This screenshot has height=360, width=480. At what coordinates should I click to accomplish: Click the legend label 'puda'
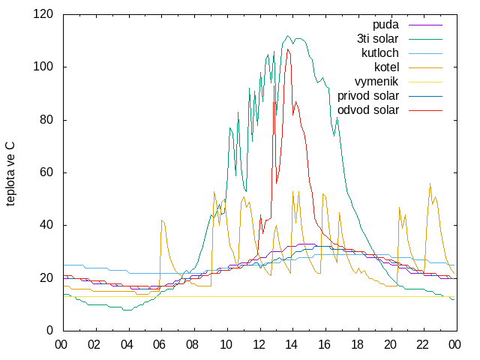(385, 25)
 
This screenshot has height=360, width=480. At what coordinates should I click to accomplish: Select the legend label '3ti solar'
(377, 39)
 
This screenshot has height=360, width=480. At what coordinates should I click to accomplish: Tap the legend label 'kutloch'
(380, 53)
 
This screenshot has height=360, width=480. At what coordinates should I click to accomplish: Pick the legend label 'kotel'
(387, 67)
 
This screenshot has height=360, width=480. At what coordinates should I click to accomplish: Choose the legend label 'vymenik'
(376, 82)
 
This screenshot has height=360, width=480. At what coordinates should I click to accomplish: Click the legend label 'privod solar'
(368, 96)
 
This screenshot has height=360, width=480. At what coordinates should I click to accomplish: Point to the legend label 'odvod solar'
(368, 110)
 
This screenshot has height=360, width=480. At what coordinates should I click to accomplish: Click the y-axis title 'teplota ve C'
(10, 174)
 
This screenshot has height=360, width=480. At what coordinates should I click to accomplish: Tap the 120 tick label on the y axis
(43, 14)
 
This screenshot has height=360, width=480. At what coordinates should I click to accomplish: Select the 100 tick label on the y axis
(43, 67)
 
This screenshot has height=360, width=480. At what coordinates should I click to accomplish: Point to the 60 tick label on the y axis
(46, 172)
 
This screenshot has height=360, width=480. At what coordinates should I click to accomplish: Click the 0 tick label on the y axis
(49, 331)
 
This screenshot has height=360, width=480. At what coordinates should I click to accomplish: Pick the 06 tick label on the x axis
(159, 345)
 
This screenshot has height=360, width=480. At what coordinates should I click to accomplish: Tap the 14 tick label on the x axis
(291, 345)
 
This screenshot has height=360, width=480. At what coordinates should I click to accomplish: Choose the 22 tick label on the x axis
(422, 345)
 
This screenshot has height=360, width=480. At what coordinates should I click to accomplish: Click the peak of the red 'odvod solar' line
(287, 49)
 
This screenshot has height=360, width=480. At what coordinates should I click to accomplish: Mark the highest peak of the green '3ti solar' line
(287, 35)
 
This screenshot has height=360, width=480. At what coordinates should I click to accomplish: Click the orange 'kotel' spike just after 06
(162, 220)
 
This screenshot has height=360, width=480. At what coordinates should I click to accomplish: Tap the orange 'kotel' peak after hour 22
(430, 183)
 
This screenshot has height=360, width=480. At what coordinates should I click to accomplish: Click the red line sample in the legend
(425, 110)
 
